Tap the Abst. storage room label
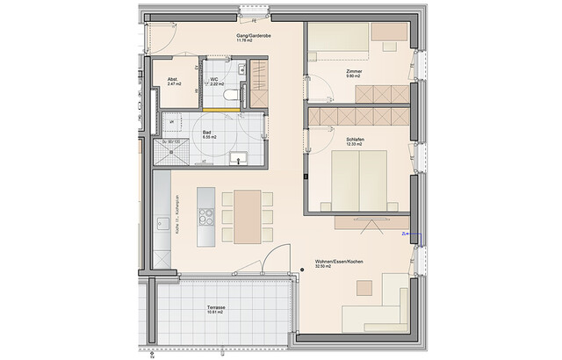pyautogui.click(x=173, y=79)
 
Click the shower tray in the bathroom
pyautogui.click(x=172, y=153)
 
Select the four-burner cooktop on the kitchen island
pyautogui.click(x=205, y=216)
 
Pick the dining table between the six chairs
pyautogui.click(x=248, y=217)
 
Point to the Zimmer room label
pyautogui.click(x=354, y=70)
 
